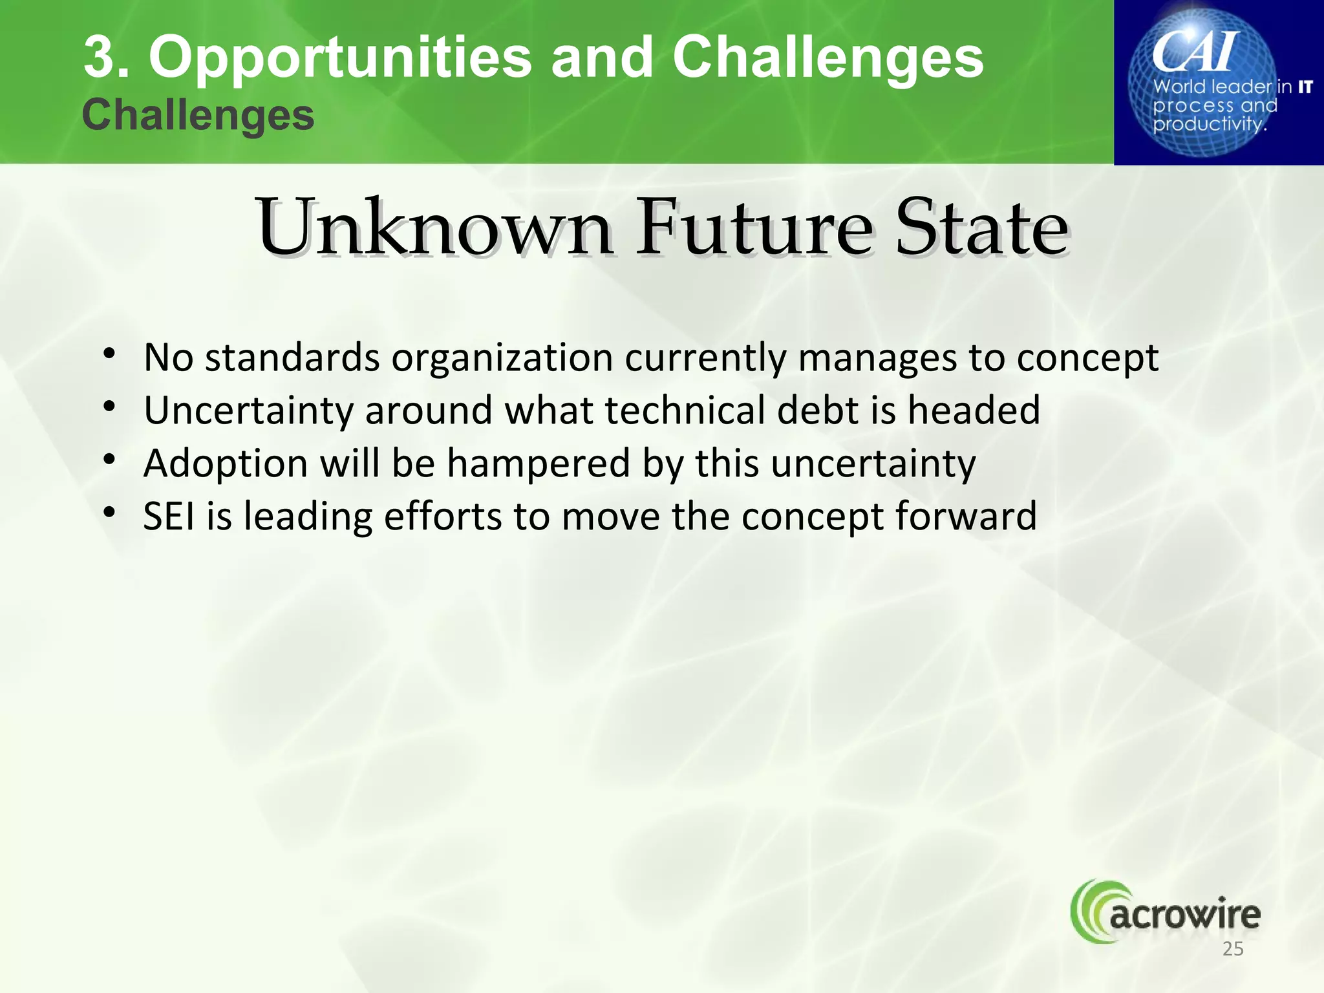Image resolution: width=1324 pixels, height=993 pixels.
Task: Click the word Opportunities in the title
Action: pos(340,58)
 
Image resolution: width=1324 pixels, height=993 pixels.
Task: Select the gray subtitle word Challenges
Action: pos(198,116)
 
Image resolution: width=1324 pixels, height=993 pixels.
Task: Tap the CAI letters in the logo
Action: pos(1195,52)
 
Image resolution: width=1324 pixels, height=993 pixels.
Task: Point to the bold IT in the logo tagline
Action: pos(1305,87)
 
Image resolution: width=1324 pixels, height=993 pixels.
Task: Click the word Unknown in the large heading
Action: pos(434,228)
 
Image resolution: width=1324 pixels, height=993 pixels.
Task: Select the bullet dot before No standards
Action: pos(110,354)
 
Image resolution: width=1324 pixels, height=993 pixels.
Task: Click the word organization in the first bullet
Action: pos(502,358)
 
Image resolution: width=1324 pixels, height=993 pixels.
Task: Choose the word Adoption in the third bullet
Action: pos(226,464)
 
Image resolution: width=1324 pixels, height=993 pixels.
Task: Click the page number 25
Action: pos(1233,949)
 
